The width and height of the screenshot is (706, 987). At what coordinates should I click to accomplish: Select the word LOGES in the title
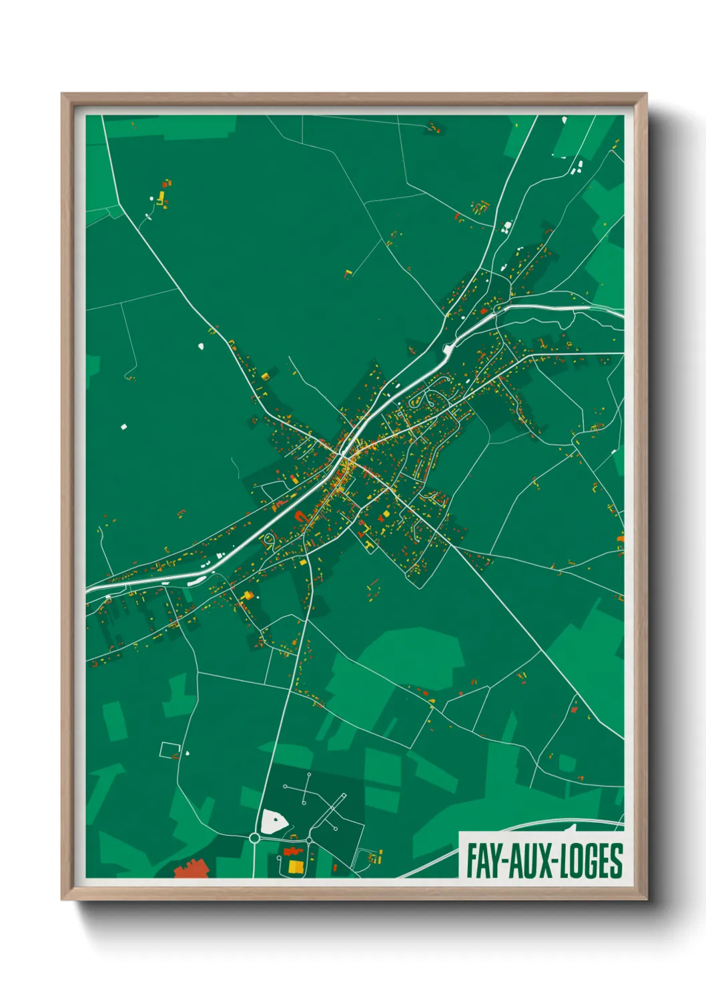tap(591, 861)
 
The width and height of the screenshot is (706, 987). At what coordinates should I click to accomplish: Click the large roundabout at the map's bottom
tap(254, 838)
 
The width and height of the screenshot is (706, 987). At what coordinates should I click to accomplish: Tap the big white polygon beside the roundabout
tap(273, 822)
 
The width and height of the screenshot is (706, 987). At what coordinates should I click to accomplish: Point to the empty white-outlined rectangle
tap(169, 750)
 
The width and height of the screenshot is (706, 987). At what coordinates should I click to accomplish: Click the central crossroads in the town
tap(344, 455)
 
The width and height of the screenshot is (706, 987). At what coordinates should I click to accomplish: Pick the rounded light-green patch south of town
tap(414, 657)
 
